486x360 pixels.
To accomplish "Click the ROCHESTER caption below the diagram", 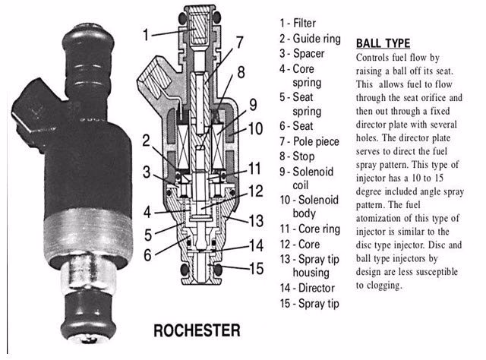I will pyautogui.click(x=197, y=331).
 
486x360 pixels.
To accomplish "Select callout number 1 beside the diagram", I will pyautogui.click(x=149, y=33).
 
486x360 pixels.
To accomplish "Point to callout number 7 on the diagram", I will pyautogui.click(x=238, y=42).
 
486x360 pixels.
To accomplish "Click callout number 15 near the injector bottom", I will pyautogui.click(x=257, y=267).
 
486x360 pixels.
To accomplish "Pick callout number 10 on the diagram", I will pyautogui.click(x=257, y=128).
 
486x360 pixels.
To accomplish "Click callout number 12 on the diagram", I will pyautogui.click(x=256, y=191).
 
